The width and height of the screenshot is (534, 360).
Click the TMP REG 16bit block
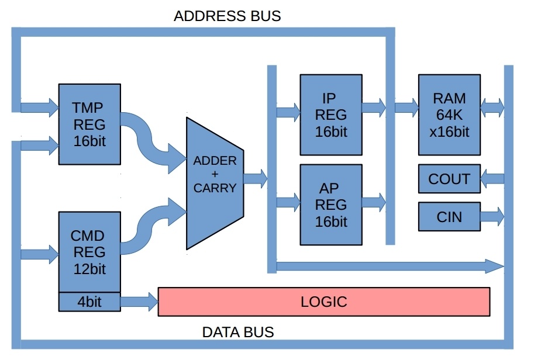pos(89,124)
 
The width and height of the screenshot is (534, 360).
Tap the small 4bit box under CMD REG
pos(89,302)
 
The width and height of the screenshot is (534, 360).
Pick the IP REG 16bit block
pos(330,115)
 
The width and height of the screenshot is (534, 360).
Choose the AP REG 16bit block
pos(330,205)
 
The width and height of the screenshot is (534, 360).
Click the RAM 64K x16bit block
pos(449,115)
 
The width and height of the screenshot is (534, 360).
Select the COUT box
pos(449,179)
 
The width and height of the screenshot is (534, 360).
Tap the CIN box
pos(449,217)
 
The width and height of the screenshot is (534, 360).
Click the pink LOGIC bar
pos(323,302)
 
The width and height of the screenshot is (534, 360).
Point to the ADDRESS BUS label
pos(227,16)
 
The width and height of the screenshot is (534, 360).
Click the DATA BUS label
pos(237,333)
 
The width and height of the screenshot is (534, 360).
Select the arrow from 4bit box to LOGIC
pos(139,302)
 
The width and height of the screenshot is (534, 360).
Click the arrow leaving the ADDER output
pos(255,177)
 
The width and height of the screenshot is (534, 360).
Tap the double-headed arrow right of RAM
pos(492,107)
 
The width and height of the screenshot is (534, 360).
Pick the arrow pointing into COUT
pos(492,179)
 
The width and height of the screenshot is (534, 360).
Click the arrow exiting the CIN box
pos(492,217)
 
